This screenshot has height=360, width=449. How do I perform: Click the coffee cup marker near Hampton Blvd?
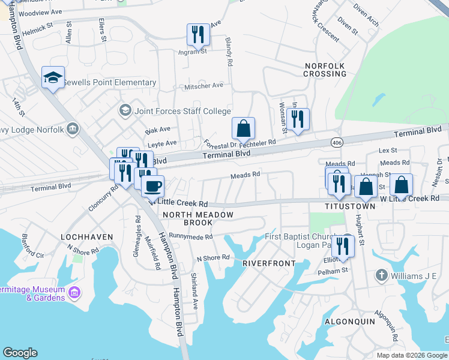153,186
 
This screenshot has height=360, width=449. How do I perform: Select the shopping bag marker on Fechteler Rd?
243,128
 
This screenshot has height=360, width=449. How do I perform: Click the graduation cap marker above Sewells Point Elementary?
53,77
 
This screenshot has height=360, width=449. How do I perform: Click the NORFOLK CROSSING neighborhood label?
325,69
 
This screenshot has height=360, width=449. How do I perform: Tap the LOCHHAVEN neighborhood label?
87,237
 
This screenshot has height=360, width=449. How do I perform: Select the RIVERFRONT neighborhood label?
269,263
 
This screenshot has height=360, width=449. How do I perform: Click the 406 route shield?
336,142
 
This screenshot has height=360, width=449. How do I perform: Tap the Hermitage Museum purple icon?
74,293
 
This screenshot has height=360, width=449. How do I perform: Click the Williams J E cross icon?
381,275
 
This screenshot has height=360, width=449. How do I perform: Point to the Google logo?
20,352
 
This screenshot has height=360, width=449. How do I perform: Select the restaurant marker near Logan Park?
343,246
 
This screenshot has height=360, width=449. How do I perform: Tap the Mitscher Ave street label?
204,86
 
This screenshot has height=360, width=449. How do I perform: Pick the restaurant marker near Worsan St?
298,119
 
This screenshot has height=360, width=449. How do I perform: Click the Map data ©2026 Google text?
411,355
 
